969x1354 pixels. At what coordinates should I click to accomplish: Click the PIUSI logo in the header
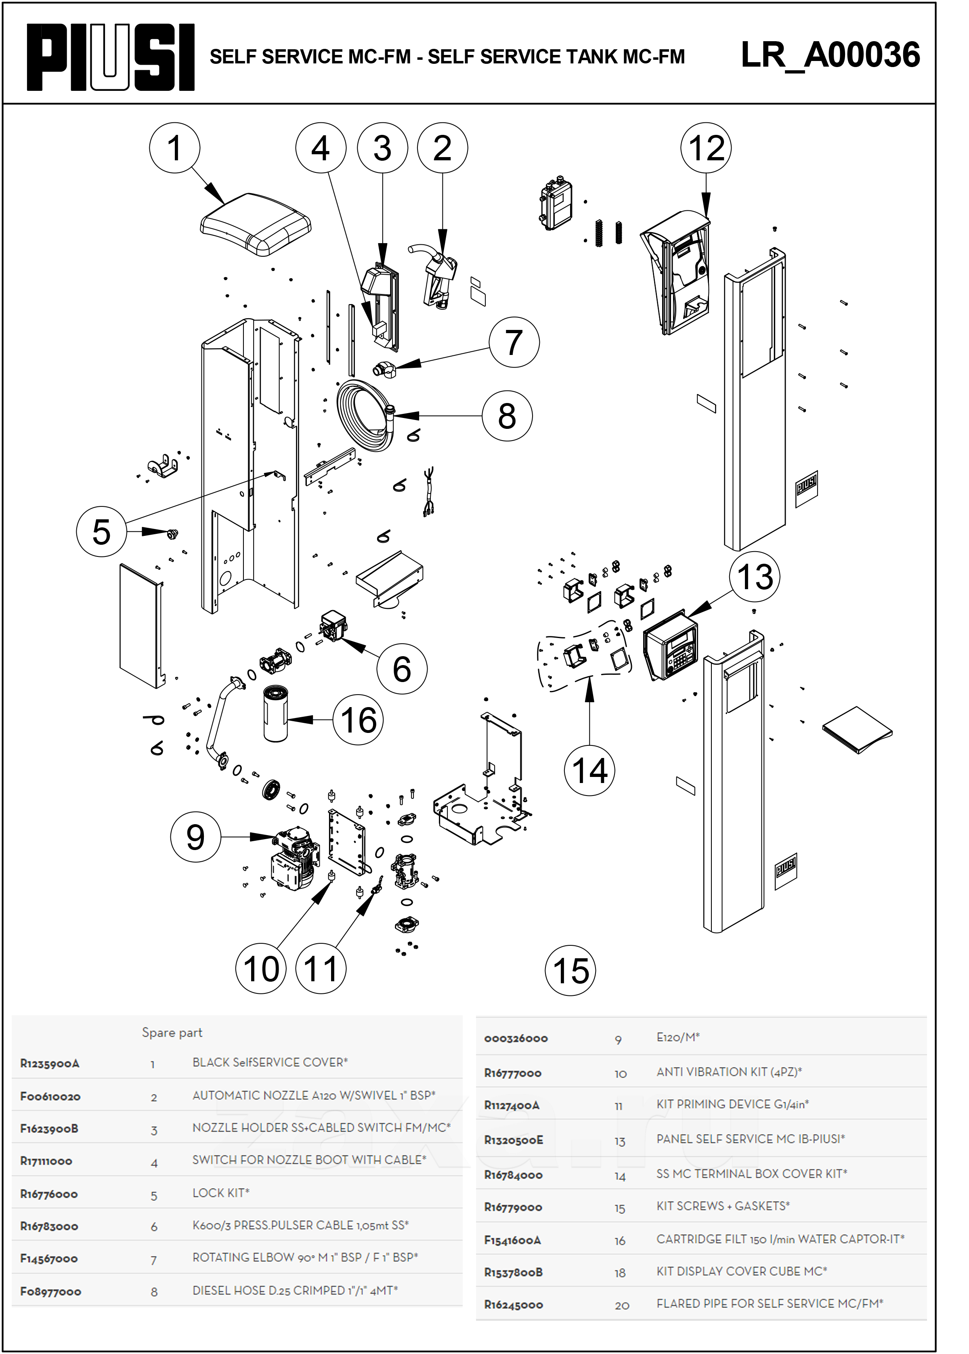pos(111,57)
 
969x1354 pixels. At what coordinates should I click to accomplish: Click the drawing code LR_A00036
pos(830,55)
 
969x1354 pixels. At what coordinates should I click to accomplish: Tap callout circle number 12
pos(706,148)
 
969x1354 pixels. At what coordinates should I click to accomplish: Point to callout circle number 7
pos(514,342)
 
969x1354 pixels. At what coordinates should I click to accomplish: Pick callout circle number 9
pos(196,837)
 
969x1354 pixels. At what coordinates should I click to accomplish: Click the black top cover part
pos(256,223)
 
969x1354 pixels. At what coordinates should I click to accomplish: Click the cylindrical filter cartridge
pos(276,713)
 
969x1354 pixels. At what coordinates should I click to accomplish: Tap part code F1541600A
pos(512,1240)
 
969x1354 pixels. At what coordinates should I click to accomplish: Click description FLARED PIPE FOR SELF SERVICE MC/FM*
pos(770,1303)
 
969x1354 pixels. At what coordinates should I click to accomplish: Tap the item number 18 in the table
pos(620,1273)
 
